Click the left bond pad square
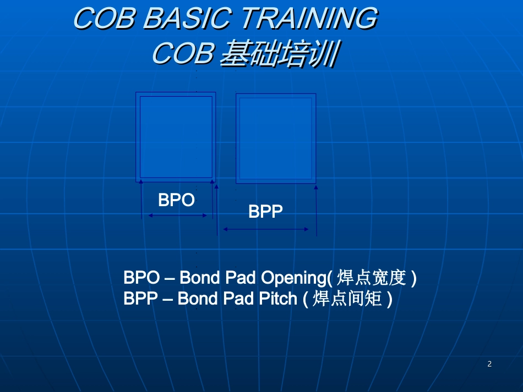pyautogui.click(x=176, y=136)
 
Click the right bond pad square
pyautogui.click(x=276, y=138)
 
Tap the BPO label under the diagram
pyautogui.click(x=176, y=200)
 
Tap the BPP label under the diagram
pyautogui.click(x=265, y=212)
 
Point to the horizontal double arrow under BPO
pyautogui.click(x=177, y=216)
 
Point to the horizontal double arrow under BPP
pyautogui.click(x=265, y=229)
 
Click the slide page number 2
pyautogui.click(x=489, y=364)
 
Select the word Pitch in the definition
pyautogui.click(x=278, y=299)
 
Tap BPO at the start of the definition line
pyautogui.click(x=141, y=278)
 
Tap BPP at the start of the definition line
pyautogui.click(x=140, y=299)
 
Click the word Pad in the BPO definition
pyautogui.click(x=241, y=278)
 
